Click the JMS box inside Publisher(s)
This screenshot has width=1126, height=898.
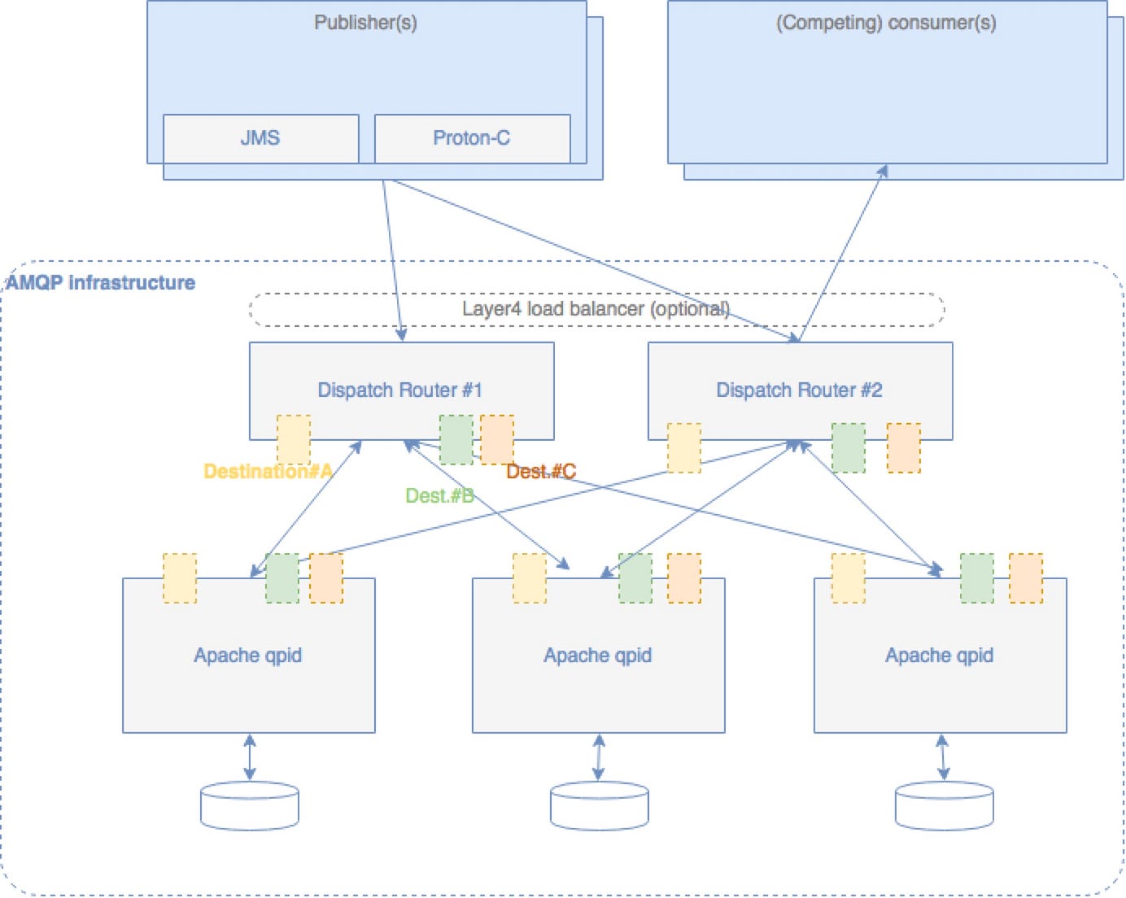[x=260, y=138]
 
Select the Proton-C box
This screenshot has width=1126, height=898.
[x=472, y=138]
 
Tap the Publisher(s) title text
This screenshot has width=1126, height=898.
[x=365, y=23]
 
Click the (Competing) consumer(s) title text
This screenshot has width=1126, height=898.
[x=886, y=23]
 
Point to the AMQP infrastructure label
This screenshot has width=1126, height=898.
[x=101, y=283]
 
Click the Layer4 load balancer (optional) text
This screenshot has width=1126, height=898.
[x=596, y=309]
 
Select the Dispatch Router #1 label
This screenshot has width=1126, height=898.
[x=399, y=390]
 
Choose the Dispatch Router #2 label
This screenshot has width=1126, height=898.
[x=799, y=390]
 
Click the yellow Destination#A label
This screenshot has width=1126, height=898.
[x=268, y=472]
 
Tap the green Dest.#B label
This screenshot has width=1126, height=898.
[x=439, y=496]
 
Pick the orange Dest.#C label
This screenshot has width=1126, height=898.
[x=541, y=472]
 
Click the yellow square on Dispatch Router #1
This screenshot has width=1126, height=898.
[x=294, y=439]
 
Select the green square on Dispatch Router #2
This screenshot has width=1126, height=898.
[x=849, y=447]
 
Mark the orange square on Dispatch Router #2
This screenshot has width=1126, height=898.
[x=904, y=447]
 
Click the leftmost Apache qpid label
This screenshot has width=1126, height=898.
[x=248, y=656]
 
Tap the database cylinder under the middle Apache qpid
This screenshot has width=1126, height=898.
[x=600, y=806]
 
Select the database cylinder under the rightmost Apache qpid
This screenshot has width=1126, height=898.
[x=944, y=806]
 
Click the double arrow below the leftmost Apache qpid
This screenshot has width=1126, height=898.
[x=250, y=757]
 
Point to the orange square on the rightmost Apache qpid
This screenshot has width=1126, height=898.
[x=1026, y=578]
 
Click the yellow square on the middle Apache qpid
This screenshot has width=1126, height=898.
[x=530, y=578]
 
